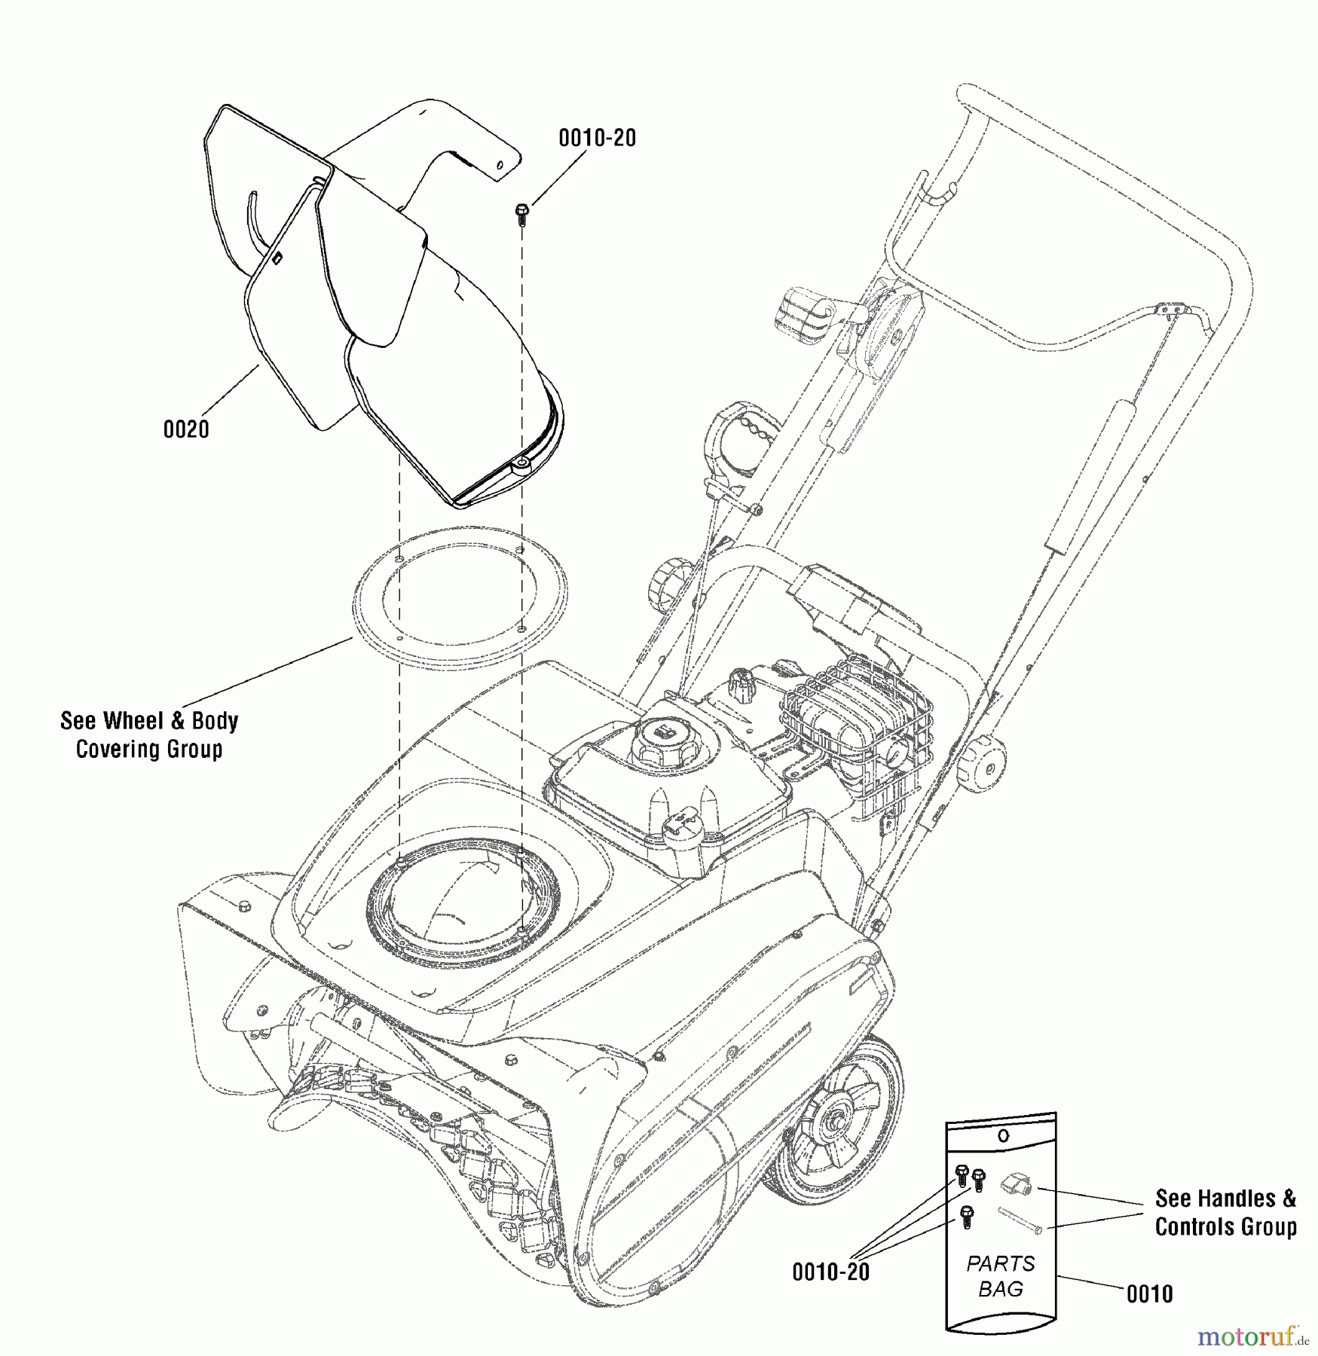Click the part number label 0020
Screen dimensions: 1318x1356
[x=186, y=429]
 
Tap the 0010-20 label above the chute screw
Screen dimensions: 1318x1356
[x=597, y=138]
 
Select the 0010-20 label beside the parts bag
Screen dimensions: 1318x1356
[x=830, y=1272]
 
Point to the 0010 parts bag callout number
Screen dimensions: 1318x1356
[x=1149, y=1293]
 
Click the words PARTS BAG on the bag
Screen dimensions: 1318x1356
[x=1001, y=1276]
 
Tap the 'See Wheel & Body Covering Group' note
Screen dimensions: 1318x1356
[x=149, y=734]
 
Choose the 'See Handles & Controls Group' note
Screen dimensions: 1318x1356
[x=1225, y=1212]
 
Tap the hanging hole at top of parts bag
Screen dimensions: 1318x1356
[x=1002, y=1135]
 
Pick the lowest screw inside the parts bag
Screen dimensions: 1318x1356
[x=968, y=1217]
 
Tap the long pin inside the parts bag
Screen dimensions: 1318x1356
[x=1020, y=1220]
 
